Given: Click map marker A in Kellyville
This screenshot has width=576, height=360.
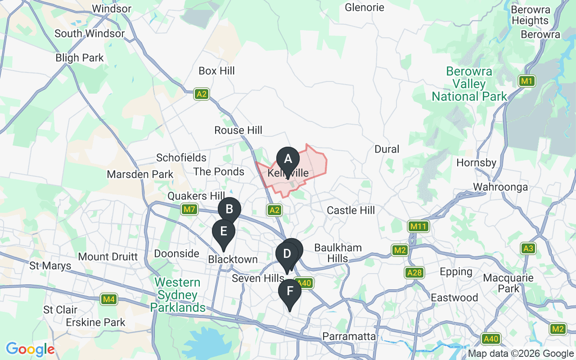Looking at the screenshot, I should pyautogui.click(x=288, y=160).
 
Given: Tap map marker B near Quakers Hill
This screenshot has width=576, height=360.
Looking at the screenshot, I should pyautogui.click(x=229, y=209).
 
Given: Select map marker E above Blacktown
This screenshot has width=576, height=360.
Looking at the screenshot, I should pyautogui.click(x=223, y=232).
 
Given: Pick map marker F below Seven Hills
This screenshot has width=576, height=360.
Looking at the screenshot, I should pyautogui.click(x=290, y=291).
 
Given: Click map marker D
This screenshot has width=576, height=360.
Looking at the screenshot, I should pyautogui.click(x=286, y=254).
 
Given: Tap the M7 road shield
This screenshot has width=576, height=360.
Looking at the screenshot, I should pyautogui.click(x=189, y=209).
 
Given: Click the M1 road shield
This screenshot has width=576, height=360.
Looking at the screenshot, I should pyautogui.click(x=526, y=81).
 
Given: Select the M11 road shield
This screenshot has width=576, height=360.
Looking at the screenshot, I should pyautogui.click(x=417, y=226).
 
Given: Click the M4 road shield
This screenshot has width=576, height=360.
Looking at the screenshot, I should pyautogui.click(x=108, y=299).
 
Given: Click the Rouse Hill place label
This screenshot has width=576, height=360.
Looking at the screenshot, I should pyautogui.click(x=238, y=130).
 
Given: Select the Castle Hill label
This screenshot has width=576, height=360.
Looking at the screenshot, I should pyautogui.click(x=351, y=210).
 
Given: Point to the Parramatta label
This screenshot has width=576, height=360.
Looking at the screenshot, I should pyautogui.click(x=349, y=337).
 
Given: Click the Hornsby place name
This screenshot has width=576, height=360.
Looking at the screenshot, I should pyautogui.click(x=476, y=162).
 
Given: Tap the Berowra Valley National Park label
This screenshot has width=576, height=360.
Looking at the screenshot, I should pyautogui.click(x=469, y=84).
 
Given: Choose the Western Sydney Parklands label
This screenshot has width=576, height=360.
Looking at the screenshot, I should pyautogui.click(x=177, y=295).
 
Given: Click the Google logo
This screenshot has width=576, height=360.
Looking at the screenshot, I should pyautogui.click(x=30, y=349).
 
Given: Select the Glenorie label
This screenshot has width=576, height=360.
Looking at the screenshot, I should pyautogui.click(x=364, y=8).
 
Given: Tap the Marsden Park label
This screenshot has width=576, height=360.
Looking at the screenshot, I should pyautogui.click(x=140, y=174).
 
